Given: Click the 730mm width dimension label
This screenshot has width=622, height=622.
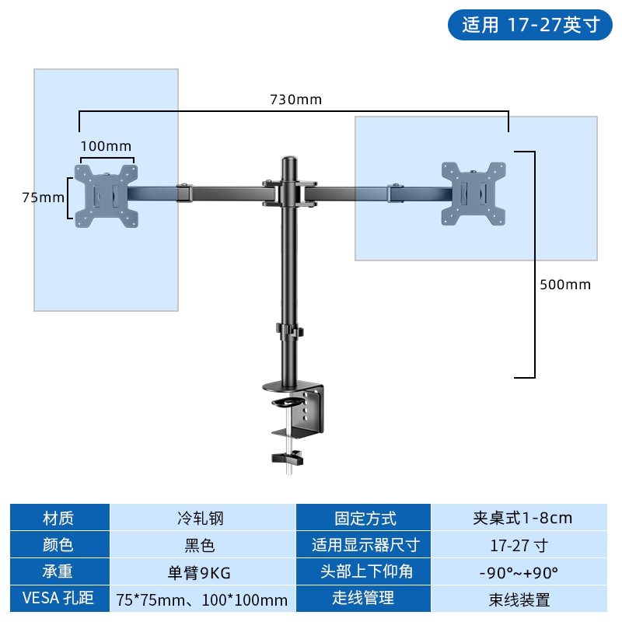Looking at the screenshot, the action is coord(295,100).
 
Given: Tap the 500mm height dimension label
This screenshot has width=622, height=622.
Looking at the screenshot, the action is coord(565,285).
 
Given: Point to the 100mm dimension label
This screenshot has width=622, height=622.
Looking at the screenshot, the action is coord(107,146).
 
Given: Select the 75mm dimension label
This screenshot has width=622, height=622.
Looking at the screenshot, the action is coord(43,197).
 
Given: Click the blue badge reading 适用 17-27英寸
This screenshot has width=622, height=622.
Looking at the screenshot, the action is coord(530,26).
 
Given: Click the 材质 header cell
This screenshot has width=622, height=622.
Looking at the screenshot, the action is coord(59,518).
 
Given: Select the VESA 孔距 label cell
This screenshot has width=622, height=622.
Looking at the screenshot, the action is coord(59,599).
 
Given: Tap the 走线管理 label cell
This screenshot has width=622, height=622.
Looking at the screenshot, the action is coord(364,599).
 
